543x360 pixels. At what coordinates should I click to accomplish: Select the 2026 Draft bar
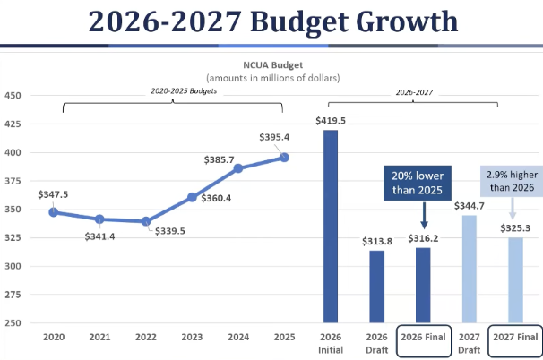(377, 287)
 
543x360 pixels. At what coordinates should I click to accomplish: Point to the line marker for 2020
(54, 212)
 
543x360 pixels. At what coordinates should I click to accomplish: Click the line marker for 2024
(238, 168)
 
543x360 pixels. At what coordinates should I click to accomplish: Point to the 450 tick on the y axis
(13, 95)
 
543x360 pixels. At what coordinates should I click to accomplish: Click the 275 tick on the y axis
(13, 294)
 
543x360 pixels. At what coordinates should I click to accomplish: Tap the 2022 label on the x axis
(145, 338)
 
